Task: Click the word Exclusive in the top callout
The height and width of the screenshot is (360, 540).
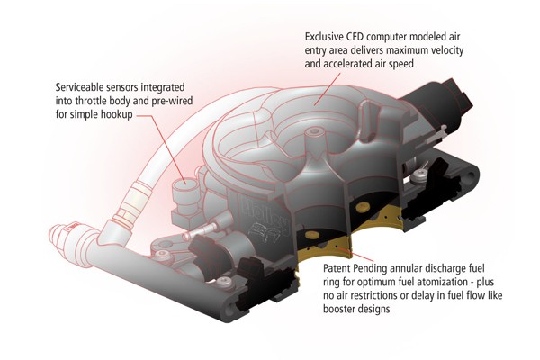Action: click(324, 37)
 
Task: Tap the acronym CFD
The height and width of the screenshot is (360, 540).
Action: click(355, 37)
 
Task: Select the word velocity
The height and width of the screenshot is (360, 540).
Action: click(446, 50)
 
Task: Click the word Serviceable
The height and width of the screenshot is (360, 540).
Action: click(79, 86)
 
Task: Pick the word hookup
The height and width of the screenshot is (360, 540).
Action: click(116, 114)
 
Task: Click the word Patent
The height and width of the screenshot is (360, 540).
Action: click(336, 267)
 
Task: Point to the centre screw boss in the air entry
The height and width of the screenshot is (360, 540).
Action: click(313, 132)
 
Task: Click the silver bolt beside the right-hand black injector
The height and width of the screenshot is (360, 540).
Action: click(419, 175)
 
